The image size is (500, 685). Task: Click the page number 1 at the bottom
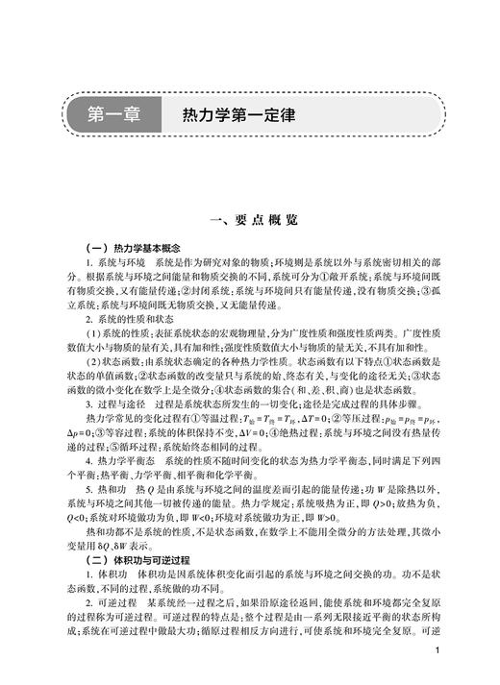(437, 650)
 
